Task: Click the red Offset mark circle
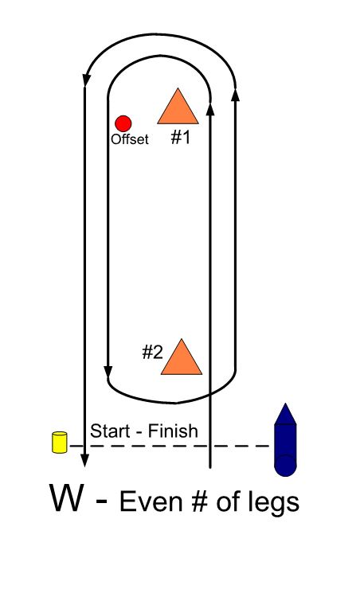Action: tap(123, 123)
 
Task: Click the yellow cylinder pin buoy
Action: tap(60, 442)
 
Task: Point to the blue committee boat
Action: tap(285, 440)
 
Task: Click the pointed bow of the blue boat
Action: tap(285, 404)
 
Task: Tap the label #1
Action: tap(181, 138)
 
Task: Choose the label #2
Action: tap(153, 352)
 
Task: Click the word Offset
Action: tap(130, 139)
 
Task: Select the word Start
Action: tap(109, 431)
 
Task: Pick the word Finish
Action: tap(173, 431)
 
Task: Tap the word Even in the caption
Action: tap(144, 501)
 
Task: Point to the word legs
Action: tap(273, 504)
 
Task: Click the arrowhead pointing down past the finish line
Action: tap(84, 459)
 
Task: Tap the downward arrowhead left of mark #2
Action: tap(108, 372)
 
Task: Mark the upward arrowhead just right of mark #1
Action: tap(210, 107)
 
